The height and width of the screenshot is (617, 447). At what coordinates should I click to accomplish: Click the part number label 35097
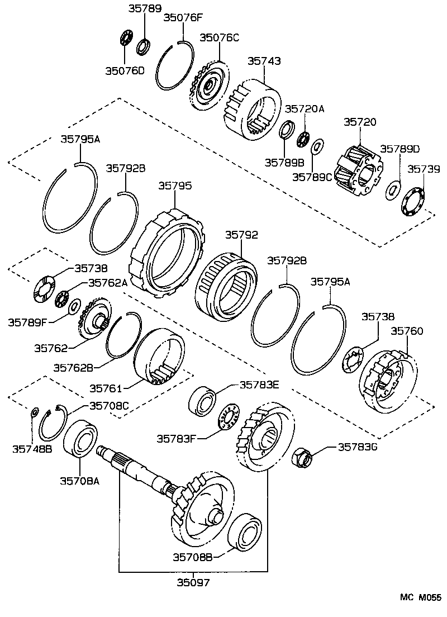click(193, 582)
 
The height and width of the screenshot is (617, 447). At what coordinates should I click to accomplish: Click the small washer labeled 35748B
click(33, 413)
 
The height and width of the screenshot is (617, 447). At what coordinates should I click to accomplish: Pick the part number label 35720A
click(305, 109)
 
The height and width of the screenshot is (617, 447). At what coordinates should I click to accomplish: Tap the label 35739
click(423, 168)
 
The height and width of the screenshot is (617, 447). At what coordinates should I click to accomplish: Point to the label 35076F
click(182, 17)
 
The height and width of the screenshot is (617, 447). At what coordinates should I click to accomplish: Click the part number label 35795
click(175, 185)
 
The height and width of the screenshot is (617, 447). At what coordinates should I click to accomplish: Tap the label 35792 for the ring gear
click(241, 235)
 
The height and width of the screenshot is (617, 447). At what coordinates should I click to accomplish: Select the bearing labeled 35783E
click(203, 400)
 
